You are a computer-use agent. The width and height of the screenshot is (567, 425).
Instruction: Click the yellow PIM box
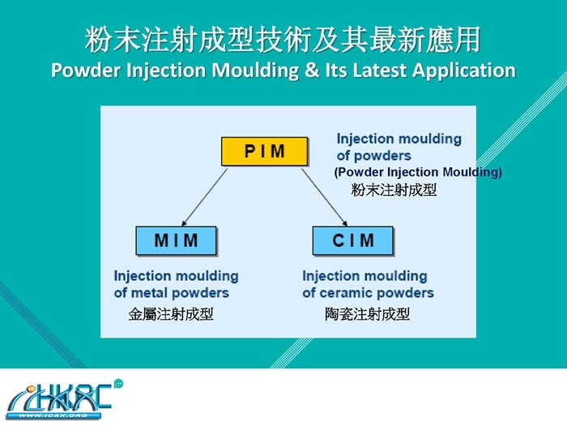(265, 152)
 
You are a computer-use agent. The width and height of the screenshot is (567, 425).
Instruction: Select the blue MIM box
(176, 240)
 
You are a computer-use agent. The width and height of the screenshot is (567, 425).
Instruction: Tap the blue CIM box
(353, 240)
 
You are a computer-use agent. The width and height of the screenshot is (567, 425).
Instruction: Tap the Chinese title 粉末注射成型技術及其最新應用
(283, 40)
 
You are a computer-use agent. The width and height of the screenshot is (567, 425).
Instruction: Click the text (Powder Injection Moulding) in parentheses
(418, 172)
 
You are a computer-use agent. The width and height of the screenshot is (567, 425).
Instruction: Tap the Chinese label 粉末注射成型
(394, 190)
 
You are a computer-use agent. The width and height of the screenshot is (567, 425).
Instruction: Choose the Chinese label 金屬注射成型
(171, 314)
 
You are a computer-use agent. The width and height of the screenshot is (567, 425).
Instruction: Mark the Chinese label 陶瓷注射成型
(367, 314)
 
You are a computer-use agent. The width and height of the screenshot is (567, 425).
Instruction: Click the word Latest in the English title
(377, 70)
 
